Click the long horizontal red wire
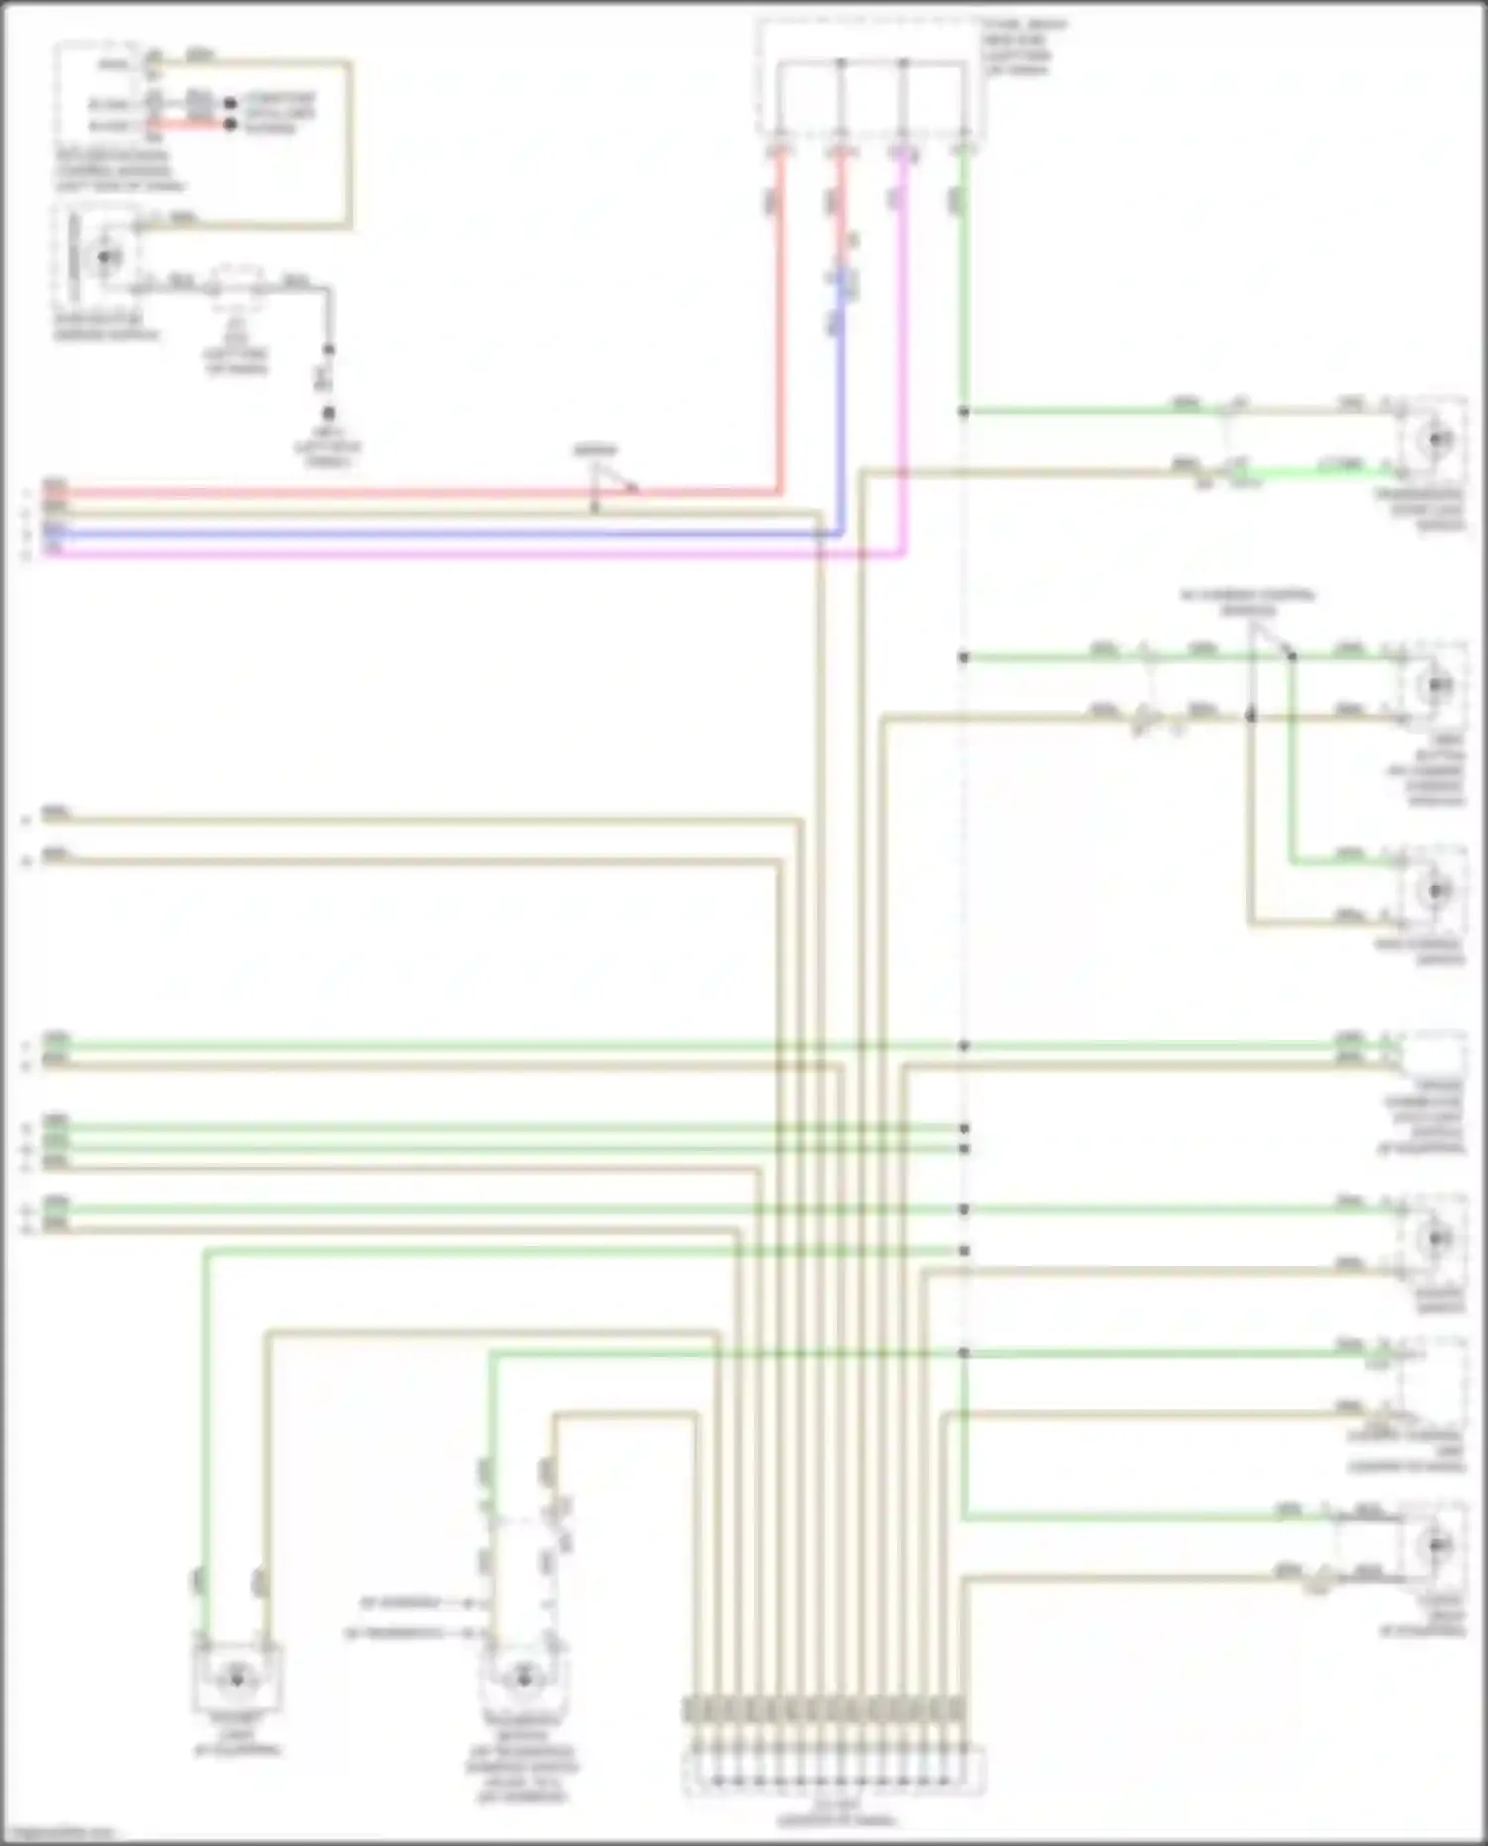click(397, 492)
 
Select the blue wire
click(397, 534)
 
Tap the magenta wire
click(397, 554)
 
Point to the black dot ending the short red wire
click(231, 125)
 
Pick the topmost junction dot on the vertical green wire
click(963, 411)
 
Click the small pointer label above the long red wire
click(595, 452)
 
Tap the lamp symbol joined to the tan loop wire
click(104, 257)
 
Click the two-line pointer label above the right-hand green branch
click(1248, 602)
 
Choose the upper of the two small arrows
click(467, 1602)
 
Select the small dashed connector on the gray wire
click(236, 284)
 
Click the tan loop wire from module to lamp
click(349, 149)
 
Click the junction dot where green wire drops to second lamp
click(1291, 656)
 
